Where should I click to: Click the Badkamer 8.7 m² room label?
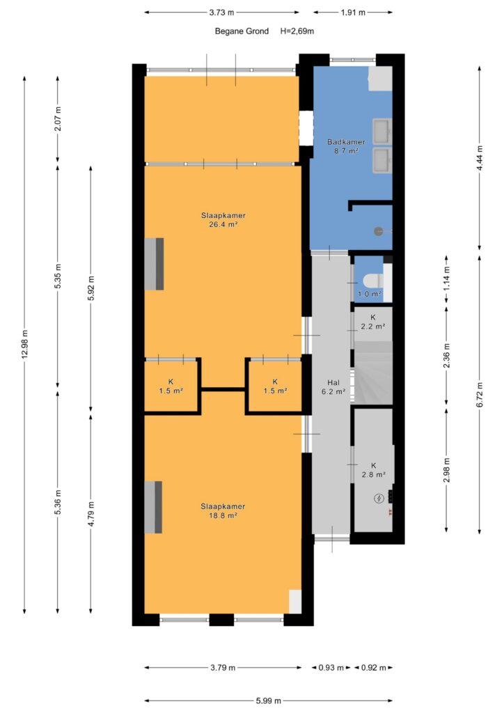coord(346,146)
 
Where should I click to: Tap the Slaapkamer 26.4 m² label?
coord(223,220)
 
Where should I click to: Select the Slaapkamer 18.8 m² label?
coord(223,511)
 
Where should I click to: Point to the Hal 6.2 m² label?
coord(333,387)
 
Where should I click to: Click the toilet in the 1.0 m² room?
coord(370,281)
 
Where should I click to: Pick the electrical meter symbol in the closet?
coord(379,499)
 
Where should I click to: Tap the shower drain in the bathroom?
coord(379,231)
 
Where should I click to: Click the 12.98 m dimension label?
coord(24,345)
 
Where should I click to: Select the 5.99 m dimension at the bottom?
coord(268,700)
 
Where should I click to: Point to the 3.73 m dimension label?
coord(222,13)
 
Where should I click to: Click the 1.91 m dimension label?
coord(353,13)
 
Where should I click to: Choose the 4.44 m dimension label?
coord(480,158)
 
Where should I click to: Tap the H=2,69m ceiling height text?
coord(297,31)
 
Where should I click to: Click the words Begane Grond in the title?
coord(242,31)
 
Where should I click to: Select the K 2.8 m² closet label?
coord(374,470)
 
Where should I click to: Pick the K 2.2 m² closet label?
coord(373,322)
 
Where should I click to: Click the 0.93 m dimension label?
coord(331,668)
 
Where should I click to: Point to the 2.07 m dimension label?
coord(58,118)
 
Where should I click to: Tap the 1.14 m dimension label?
coord(447,279)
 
